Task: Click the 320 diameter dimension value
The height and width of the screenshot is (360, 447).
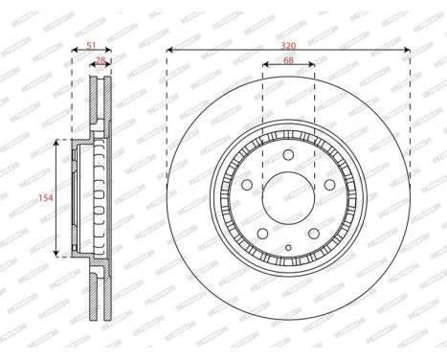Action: (x=288, y=42)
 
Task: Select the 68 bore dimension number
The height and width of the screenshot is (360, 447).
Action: (x=288, y=61)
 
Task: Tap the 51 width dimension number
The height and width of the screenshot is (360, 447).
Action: (x=91, y=43)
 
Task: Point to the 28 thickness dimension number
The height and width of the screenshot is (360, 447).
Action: (x=101, y=60)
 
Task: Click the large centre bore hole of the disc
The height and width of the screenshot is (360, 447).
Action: (x=288, y=200)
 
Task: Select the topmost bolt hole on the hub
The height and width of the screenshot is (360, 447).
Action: (x=288, y=157)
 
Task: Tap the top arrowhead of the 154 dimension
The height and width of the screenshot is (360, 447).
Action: (x=57, y=142)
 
